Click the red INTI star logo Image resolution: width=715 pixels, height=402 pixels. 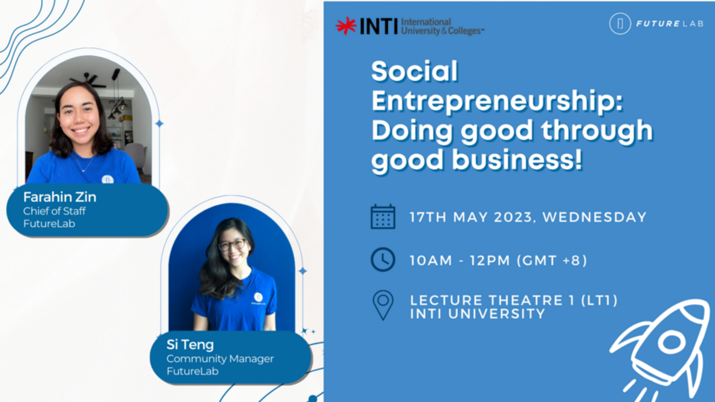(x=346, y=25)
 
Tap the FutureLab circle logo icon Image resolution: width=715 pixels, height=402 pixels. (x=620, y=24)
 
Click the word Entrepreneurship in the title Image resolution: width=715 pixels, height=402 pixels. (x=497, y=101)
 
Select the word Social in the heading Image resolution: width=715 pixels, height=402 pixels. (x=415, y=71)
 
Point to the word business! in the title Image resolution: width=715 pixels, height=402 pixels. (x=517, y=159)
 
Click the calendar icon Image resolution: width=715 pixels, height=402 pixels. (x=383, y=217)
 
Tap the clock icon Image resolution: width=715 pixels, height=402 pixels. (x=383, y=260)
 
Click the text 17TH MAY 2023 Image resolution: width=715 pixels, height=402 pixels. (x=471, y=217)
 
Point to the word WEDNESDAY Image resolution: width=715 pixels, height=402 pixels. (x=594, y=217)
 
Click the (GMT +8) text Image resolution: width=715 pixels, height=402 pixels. (x=552, y=260)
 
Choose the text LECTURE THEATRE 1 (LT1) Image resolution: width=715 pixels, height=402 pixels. (x=514, y=300)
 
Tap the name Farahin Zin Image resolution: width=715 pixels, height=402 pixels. (x=60, y=197)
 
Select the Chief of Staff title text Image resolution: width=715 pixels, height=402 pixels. (x=54, y=211)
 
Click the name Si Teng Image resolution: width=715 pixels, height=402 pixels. (x=190, y=345)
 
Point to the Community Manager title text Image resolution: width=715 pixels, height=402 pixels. (x=220, y=359)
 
